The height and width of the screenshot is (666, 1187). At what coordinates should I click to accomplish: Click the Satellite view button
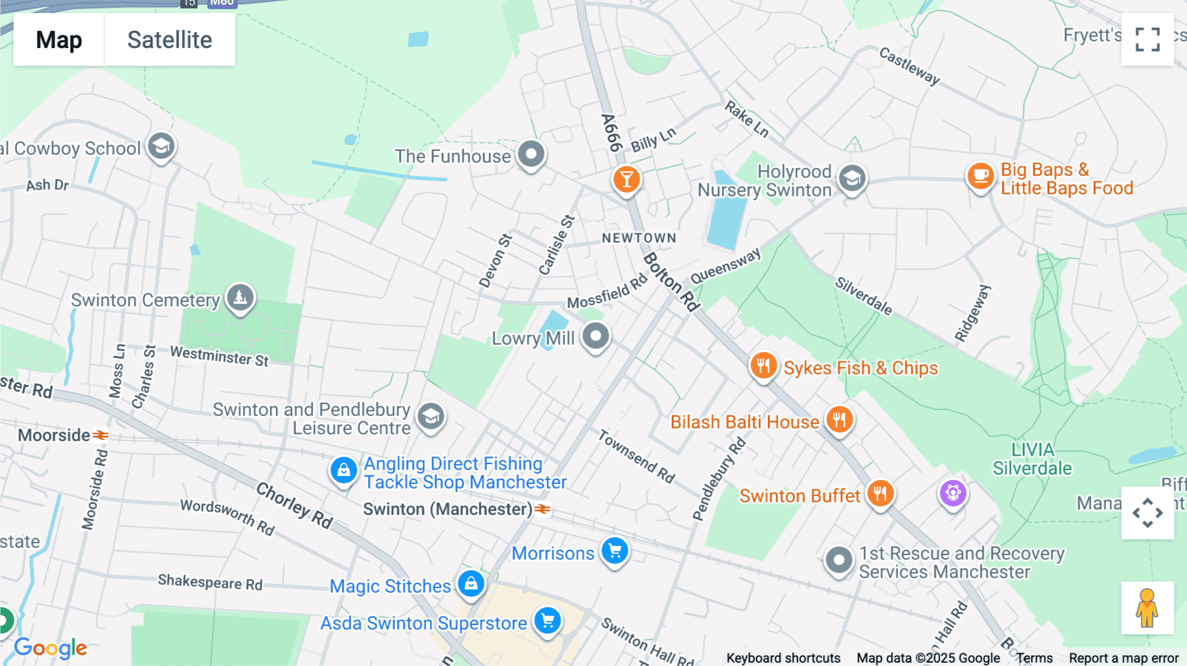tap(169, 40)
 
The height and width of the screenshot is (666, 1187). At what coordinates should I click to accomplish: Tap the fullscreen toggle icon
tap(1147, 40)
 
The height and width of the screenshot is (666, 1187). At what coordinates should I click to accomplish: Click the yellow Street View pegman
tap(1147, 608)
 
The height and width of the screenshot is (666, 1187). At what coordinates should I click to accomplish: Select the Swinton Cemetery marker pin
tap(240, 297)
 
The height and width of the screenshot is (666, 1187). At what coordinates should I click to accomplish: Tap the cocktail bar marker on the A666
tap(626, 179)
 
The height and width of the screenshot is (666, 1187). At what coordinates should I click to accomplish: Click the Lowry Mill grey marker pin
tap(596, 336)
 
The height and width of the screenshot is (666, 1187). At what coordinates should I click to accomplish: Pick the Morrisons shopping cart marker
tap(615, 551)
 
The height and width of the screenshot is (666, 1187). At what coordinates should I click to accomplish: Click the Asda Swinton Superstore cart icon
tap(547, 621)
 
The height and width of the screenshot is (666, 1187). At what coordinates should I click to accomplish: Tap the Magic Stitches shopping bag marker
tap(471, 584)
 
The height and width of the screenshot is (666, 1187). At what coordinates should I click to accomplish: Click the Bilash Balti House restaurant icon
tap(839, 419)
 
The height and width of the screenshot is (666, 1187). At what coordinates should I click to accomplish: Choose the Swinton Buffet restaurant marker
tap(880, 493)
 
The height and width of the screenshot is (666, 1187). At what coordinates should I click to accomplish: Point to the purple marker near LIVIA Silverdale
tap(953, 493)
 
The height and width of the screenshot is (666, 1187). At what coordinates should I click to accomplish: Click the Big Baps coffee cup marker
tap(981, 176)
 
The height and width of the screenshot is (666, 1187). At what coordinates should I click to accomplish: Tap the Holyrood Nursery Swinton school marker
tap(852, 178)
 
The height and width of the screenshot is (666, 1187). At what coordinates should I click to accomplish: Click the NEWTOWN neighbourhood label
tap(638, 238)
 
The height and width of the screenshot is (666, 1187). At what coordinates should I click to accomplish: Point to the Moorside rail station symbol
tap(100, 435)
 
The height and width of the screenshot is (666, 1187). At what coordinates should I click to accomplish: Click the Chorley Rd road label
tap(294, 506)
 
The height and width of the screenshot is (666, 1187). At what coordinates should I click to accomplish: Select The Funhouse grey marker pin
tap(531, 154)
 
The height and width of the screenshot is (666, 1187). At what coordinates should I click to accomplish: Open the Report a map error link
tap(1123, 658)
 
